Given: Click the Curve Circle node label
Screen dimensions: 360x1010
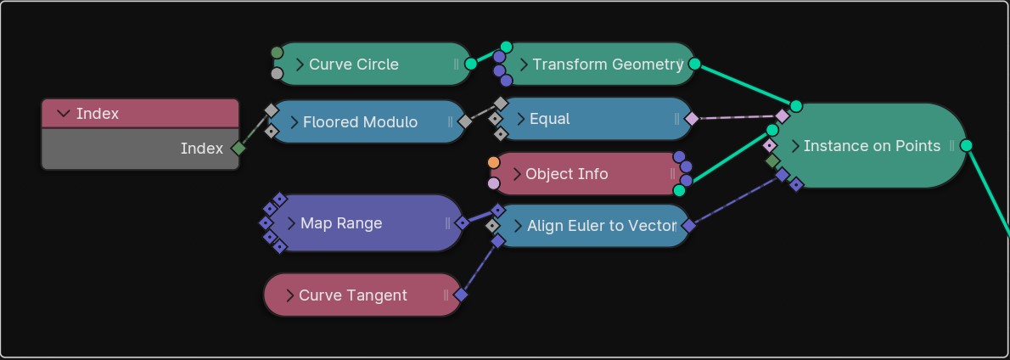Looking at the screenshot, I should [353, 65].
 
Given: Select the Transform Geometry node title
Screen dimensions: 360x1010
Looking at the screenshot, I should [608, 65].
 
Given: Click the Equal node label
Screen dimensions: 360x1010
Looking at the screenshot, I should [549, 119].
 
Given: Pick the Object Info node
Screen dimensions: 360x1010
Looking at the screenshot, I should [566, 174].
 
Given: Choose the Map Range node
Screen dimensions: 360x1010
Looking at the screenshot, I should [341, 223].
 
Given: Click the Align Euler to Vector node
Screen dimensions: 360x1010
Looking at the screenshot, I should [601, 226].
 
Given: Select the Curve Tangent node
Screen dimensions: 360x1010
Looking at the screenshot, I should [353, 295].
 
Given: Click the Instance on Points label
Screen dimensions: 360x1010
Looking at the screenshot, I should [872, 146].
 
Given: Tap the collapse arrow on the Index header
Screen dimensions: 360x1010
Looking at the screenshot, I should [63, 114].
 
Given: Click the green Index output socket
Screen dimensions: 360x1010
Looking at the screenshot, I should [238, 149].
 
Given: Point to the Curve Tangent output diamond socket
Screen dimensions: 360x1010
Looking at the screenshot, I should [461, 295].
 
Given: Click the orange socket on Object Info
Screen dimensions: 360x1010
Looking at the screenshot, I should [494, 162].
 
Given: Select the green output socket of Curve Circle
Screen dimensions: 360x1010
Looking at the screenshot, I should [471, 64].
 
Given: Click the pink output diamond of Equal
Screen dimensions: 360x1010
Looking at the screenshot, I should [692, 119].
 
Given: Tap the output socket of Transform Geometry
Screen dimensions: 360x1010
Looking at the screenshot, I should [694, 64].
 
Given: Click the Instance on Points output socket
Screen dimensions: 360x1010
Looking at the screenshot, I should [966, 145].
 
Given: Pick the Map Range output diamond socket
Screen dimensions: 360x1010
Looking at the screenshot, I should [462, 223].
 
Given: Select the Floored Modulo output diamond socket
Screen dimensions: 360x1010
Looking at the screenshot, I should [465, 121].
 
